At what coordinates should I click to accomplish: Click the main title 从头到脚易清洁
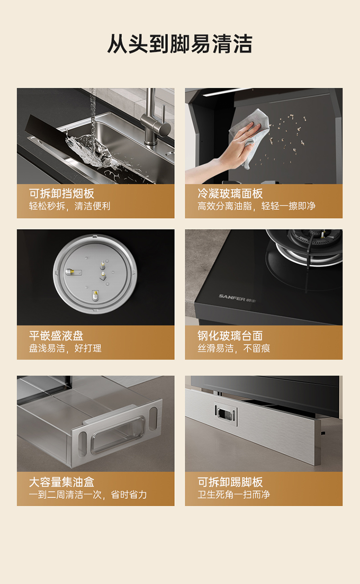180,44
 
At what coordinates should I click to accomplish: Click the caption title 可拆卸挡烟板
61,194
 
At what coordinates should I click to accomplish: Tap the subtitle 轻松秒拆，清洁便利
70,206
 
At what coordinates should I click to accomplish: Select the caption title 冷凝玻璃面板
230,194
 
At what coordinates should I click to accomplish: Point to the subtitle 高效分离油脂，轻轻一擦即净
256,206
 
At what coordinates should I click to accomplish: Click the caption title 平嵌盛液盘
56,336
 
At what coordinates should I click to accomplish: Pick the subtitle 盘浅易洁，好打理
65,348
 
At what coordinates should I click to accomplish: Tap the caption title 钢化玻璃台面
230,336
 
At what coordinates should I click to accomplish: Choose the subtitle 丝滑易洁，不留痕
234,348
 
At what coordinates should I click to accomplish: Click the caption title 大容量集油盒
61,482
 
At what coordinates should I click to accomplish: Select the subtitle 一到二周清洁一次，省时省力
88,494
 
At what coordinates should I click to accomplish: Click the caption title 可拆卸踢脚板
230,482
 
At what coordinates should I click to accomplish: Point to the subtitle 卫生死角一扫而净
234,494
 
